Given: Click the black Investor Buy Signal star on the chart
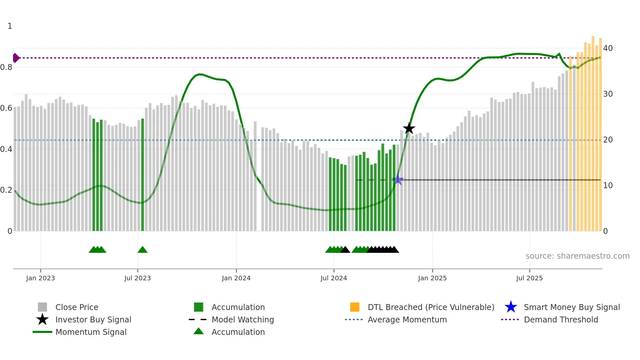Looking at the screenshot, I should click(409, 128).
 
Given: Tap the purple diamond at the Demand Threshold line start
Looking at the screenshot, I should click(16, 58).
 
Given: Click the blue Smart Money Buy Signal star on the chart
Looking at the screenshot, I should click(398, 180).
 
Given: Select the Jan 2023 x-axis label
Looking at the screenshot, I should click(40, 278).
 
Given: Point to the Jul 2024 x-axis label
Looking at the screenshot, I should click(334, 278).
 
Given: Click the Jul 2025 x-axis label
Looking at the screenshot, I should click(529, 278).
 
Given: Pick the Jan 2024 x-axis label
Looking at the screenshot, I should click(236, 278).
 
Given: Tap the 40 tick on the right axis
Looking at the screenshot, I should click(608, 48).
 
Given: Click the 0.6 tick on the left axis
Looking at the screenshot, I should click(6, 108).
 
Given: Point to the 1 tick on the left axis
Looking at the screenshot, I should click(10, 26).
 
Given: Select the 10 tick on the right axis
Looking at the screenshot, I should click(608, 186).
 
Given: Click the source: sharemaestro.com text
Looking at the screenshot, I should click(577, 256).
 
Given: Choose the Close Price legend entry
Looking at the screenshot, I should click(77, 307).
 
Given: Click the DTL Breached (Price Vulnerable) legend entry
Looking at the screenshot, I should click(431, 307).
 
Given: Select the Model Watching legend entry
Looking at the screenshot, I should click(242, 319).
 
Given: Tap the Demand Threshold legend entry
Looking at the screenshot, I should click(561, 319).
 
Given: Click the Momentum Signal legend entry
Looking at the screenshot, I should click(91, 332).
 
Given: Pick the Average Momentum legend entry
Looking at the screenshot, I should click(407, 319).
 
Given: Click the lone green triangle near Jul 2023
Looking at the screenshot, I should click(142, 250).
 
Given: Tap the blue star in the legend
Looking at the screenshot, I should click(511, 307).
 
